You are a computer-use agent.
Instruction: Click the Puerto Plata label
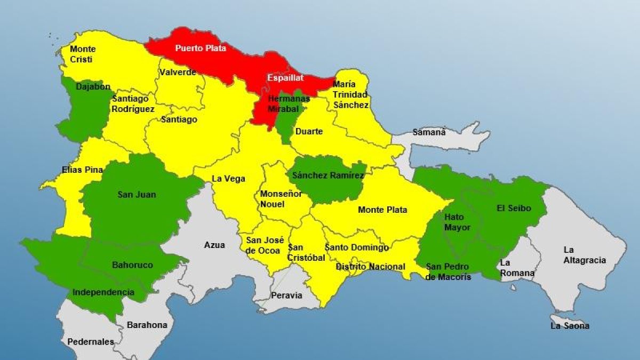click(201, 48)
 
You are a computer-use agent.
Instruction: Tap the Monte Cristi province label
click(83, 54)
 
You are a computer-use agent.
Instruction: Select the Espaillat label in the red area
click(285, 78)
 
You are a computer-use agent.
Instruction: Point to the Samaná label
click(429, 132)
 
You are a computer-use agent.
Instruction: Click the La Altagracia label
click(585, 255)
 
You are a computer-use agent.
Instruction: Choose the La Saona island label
click(570, 326)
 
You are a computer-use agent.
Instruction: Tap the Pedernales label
click(91, 342)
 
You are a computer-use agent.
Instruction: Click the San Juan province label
click(137, 195)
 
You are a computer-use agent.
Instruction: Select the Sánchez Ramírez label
click(328, 175)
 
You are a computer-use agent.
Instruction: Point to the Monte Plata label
click(382, 210)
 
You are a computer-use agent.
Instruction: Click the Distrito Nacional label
click(370, 267)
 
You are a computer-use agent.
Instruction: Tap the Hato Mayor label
click(457, 222)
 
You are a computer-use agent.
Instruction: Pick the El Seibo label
click(514, 208)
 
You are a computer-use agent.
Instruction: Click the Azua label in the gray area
click(214, 245)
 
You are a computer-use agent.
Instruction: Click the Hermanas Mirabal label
click(288, 103)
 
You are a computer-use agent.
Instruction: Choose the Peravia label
click(287, 295)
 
